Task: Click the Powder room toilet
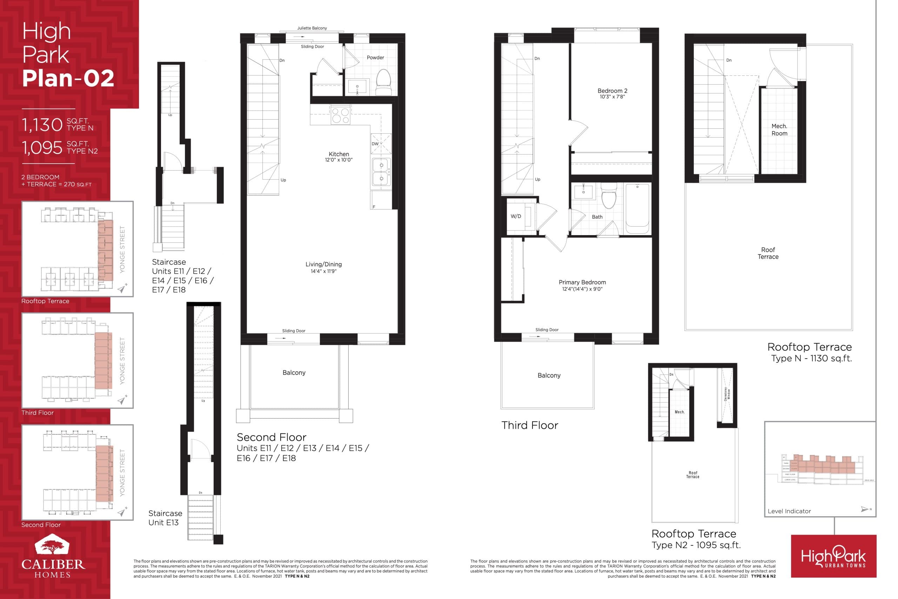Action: (x=383, y=81)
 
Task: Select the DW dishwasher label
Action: (x=375, y=144)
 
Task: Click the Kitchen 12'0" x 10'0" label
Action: (x=339, y=157)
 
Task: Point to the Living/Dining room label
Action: (x=323, y=267)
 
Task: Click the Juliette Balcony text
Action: (x=312, y=28)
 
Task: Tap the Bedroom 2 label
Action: (x=612, y=93)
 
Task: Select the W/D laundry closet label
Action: (x=515, y=216)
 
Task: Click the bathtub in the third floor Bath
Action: (x=637, y=208)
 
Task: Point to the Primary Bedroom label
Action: (x=582, y=285)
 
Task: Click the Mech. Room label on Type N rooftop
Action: (x=779, y=129)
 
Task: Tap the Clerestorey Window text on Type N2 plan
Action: (x=726, y=394)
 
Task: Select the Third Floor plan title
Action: (x=529, y=425)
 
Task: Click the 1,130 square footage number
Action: (x=42, y=125)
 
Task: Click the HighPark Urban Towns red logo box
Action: (x=833, y=556)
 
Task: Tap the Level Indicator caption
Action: (x=789, y=511)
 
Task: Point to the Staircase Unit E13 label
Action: (x=165, y=518)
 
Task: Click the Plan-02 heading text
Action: (x=68, y=78)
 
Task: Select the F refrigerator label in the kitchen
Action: (x=374, y=207)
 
